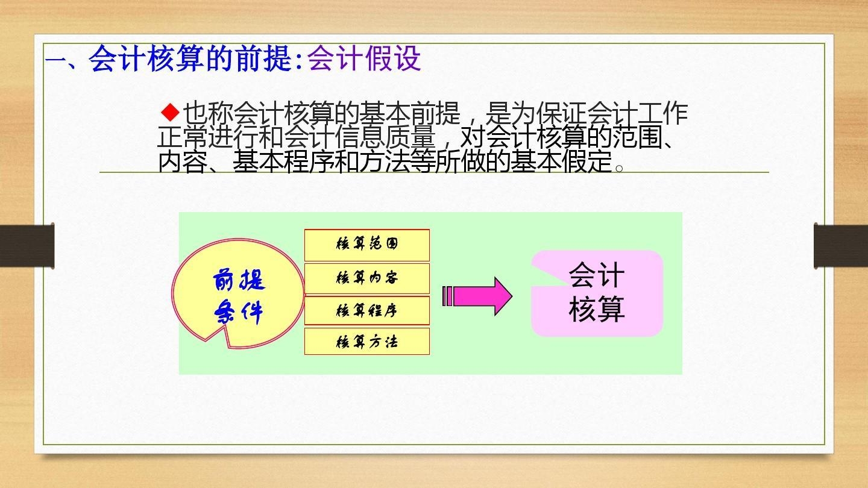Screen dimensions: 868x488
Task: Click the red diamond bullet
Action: pos(170,112)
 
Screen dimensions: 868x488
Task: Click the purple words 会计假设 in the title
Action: pos(364,59)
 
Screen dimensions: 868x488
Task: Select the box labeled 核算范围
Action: pos(367,245)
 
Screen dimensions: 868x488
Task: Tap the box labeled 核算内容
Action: pos(367,278)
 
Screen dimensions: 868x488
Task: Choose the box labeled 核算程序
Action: pos(367,310)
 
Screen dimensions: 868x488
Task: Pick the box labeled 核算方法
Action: pos(367,341)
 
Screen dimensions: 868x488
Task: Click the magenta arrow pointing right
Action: pos(477,296)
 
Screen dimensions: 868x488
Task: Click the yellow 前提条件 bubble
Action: pos(238,293)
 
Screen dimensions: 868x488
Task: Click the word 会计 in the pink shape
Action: pos(597,275)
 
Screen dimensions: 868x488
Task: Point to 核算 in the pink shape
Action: pos(597,308)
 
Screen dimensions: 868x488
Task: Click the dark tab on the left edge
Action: pos(27,246)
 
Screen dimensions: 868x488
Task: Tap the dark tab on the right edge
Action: pos(841,246)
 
